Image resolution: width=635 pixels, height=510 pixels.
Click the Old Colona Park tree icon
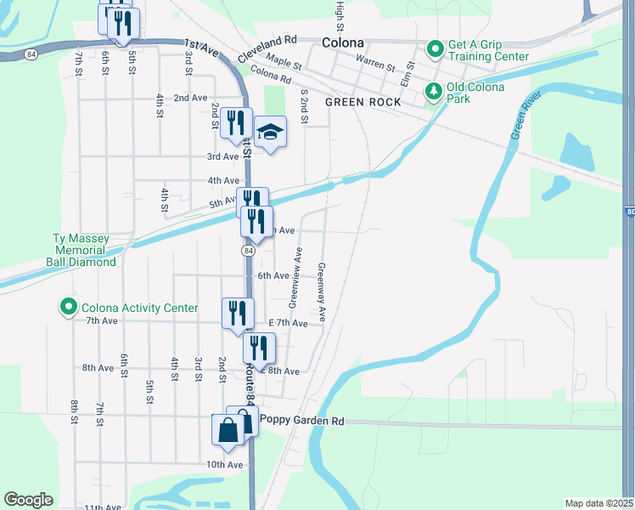click(x=433, y=89)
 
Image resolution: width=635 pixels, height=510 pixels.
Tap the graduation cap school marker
click(x=271, y=132)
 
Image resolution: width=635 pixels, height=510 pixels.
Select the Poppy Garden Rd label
click(x=302, y=420)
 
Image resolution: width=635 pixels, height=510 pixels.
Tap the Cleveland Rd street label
click(x=267, y=40)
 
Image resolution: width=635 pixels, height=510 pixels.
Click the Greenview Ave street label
click(x=295, y=277)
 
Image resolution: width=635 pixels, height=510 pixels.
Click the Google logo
click(x=28, y=500)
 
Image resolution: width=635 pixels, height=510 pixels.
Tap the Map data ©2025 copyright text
click(x=598, y=503)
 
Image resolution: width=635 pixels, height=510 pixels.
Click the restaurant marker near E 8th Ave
click(x=258, y=347)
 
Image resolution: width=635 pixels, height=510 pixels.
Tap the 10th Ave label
click(x=223, y=464)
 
